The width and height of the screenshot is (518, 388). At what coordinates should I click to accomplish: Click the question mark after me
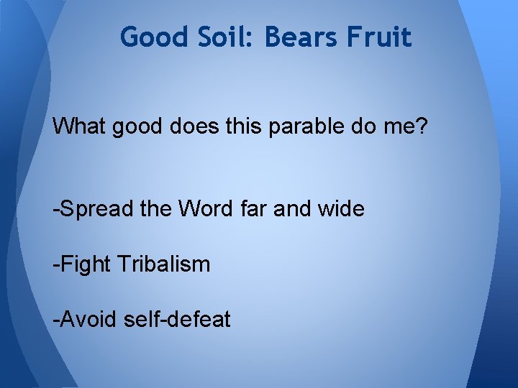(x=422, y=126)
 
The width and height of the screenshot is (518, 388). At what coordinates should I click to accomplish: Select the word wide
(x=346, y=209)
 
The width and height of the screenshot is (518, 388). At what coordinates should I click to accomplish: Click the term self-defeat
(x=178, y=318)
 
